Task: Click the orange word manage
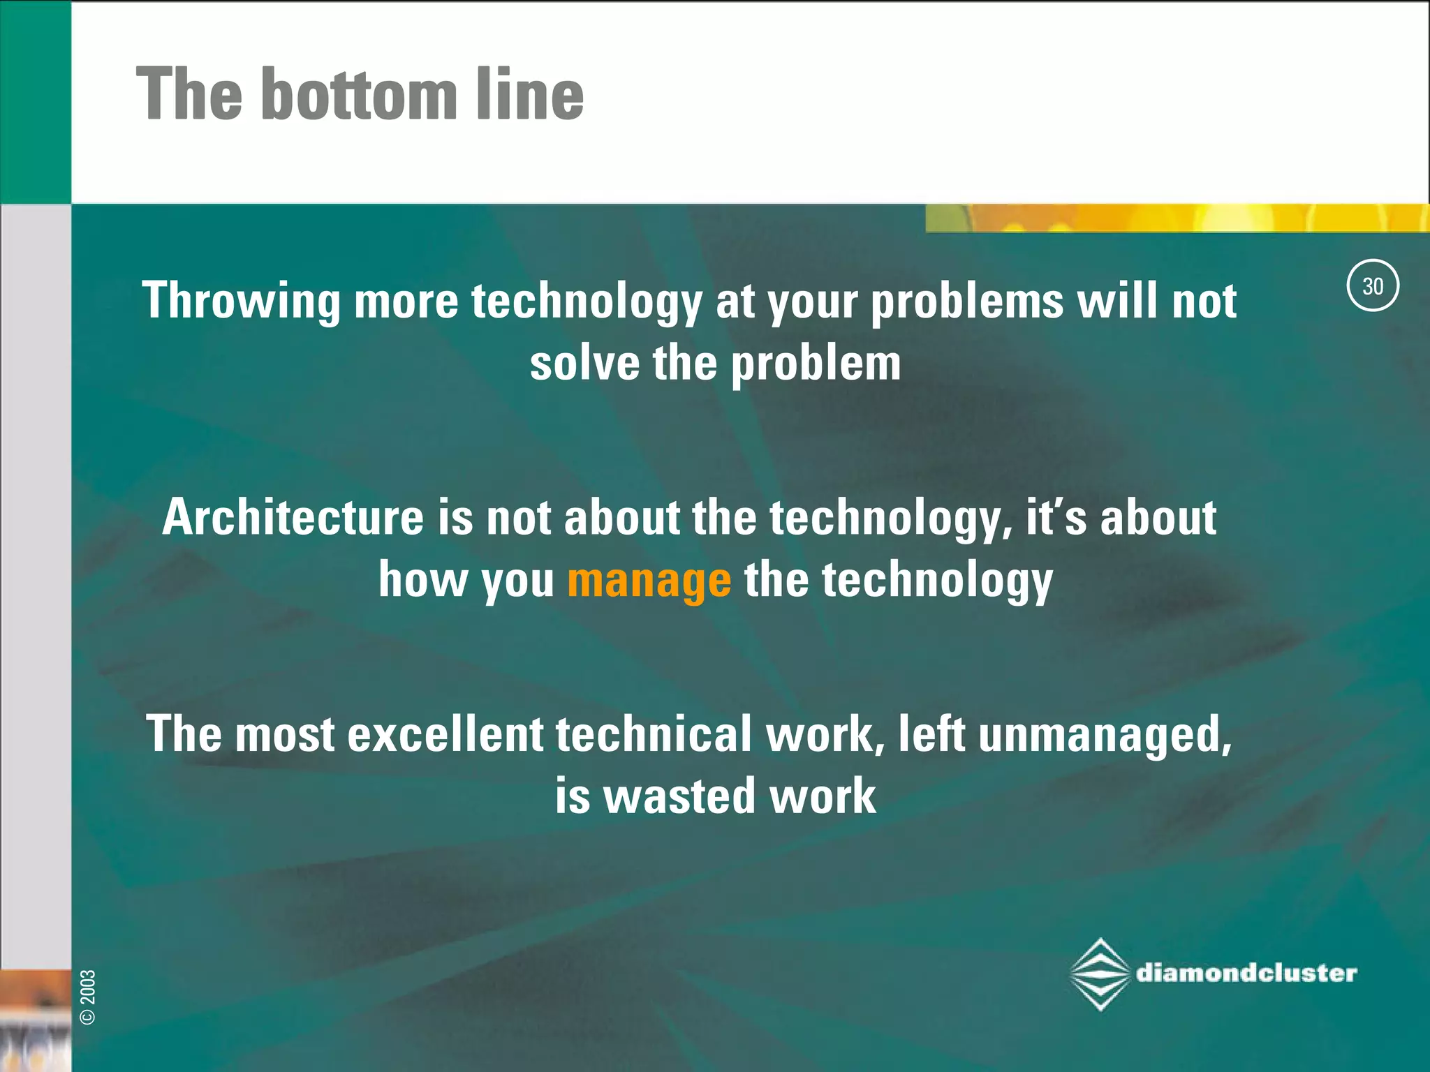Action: click(649, 581)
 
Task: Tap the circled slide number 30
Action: click(1372, 285)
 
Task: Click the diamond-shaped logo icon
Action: click(1100, 974)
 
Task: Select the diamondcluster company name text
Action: click(1246, 973)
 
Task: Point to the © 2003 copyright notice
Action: click(89, 997)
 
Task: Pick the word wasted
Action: click(679, 796)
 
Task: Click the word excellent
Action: click(445, 735)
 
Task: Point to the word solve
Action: click(584, 364)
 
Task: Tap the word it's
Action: click(1056, 518)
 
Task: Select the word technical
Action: click(654, 735)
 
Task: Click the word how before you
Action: click(423, 580)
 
